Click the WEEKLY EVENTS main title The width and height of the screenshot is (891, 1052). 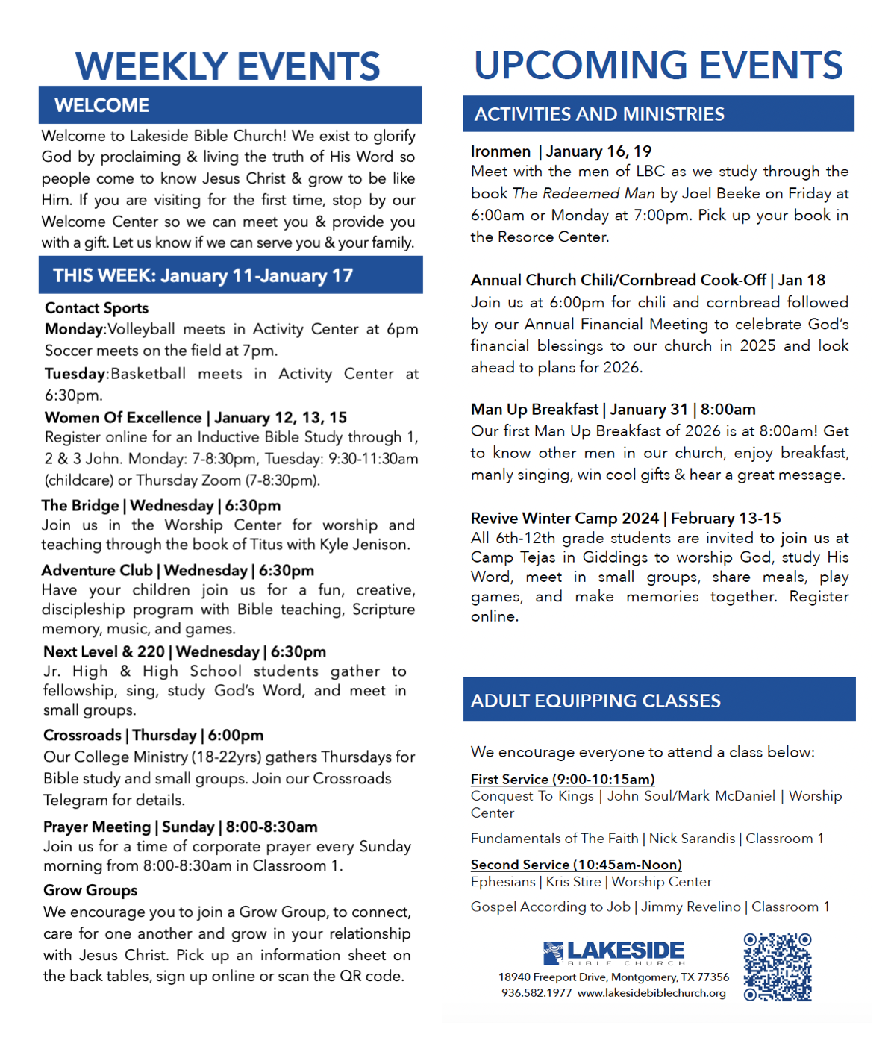(x=228, y=66)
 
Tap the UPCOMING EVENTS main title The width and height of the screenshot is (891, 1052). (x=658, y=66)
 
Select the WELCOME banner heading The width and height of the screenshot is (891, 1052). (x=101, y=105)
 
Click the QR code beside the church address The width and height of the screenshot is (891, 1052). (x=778, y=966)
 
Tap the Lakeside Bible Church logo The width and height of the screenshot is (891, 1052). (x=613, y=953)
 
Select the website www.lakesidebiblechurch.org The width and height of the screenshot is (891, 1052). (x=651, y=993)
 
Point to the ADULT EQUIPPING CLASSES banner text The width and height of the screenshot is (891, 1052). (x=595, y=701)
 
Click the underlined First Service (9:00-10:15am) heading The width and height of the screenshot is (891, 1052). (x=563, y=779)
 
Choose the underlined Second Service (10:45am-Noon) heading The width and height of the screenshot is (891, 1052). (x=576, y=864)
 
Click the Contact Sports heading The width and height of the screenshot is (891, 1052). (x=96, y=308)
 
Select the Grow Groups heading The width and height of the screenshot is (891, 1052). (x=90, y=890)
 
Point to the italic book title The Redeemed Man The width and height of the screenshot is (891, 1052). (x=584, y=193)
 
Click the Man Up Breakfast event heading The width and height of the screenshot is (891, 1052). (x=534, y=409)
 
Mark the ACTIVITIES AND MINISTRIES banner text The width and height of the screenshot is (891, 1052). (x=599, y=114)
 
